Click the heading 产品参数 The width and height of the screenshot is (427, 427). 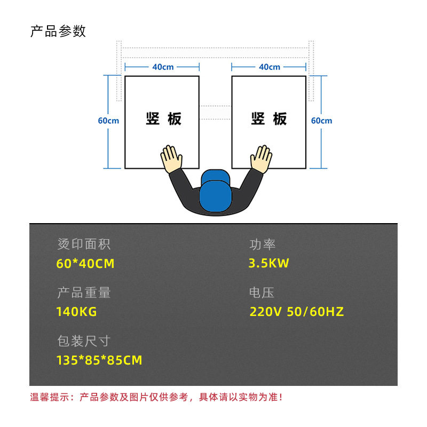tap(58, 31)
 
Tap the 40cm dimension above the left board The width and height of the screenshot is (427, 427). tap(163, 67)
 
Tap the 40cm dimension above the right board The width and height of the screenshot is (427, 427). tap(270, 67)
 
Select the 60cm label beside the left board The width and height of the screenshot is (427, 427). tap(108, 121)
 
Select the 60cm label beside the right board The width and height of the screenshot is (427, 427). tap(322, 121)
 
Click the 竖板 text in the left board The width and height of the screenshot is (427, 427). tap(163, 118)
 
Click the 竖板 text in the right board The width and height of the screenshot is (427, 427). tap(269, 118)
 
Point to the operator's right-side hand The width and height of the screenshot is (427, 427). tap(262, 159)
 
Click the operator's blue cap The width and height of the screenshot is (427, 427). tap(216, 189)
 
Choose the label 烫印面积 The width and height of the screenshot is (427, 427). tap(84, 245)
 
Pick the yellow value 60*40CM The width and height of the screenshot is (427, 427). tap(85, 264)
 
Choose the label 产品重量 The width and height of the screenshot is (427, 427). tap(84, 293)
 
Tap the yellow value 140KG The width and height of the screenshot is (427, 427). tap(76, 312)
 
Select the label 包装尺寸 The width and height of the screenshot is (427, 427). tap(84, 341)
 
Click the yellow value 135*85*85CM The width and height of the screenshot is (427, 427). tap(99, 360)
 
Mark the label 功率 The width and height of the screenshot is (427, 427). tap(263, 245)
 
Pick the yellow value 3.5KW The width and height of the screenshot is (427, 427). tap(269, 264)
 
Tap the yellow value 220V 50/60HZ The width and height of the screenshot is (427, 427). tap(297, 312)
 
